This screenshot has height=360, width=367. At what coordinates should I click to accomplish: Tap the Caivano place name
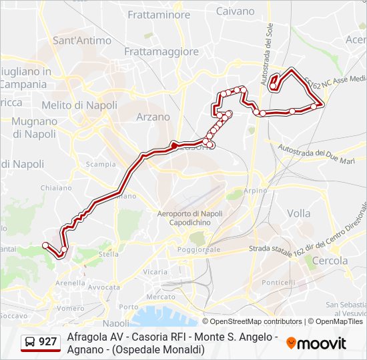tap(235, 11)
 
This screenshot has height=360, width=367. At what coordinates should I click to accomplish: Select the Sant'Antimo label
tap(82, 40)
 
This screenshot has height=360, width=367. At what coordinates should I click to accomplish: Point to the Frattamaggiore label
tap(162, 51)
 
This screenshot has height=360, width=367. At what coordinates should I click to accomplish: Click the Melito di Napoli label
tap(79, 105)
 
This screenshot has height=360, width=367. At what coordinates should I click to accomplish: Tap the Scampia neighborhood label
tap(101, 164)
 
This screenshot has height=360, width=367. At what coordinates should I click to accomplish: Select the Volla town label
tap(298, 213)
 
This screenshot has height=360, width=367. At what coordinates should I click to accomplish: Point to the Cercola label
tap(330, 260)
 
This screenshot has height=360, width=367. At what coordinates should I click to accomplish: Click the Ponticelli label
tap(278, 283)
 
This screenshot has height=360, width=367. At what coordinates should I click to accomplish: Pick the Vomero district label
tap(71, 309)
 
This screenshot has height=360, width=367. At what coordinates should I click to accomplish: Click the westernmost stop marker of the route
tap(45, 246)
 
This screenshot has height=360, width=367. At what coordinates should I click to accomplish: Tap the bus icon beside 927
tap(30, 343)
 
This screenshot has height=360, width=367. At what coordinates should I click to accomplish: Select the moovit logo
tap(316, 343)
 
